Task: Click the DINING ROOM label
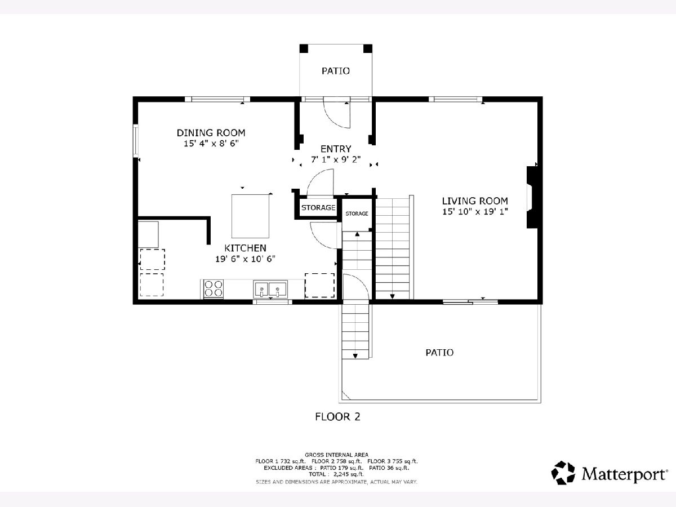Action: pyautogui.click(x=211, y=133)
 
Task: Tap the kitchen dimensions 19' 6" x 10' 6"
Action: pyautogui.click(x=245, y=259)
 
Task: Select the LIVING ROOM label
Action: pyautogui.click(x=475, y=201)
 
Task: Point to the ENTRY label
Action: pyautogui.click(x=336, y=149)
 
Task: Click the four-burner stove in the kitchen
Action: pyautogui.click(x=214, y=288)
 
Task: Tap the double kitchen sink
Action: pyautogui.click(x=270, y=289)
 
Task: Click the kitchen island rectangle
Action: pyautogui.click(x=250, y=216)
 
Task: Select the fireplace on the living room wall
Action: pyautogui.click(x=532, y=197)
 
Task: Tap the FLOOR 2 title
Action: pyautogui.click(x=337, y=417)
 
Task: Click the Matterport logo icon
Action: pyautogui.click(x=563, y=473)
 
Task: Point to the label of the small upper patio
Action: pyautogui.click(x=336, y=71)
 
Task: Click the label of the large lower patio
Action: pyautogui.click(x=439, y=353)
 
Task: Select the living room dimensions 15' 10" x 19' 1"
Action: pyautogui.click(x=475, y=212)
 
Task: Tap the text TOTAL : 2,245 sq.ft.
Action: pyautogui.click(x=336, y=474)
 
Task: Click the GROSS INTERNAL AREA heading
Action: pyautogui.click(x=336, y=455)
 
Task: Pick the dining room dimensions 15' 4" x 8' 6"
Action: pyautogui.click(x=211, y=144)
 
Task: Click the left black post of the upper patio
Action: pyautogui.click(x=304, y=48)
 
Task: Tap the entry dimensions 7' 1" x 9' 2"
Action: pyautogui.click(x=336, y=160)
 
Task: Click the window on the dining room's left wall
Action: pyautogui.click(x=136, y=141)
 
